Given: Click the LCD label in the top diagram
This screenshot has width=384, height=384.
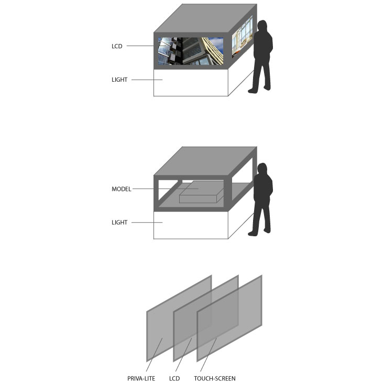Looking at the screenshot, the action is coord(117,46).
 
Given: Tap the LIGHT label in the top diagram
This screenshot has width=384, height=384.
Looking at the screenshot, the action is coord(119,80).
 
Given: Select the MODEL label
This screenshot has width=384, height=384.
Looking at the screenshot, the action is coord(122,189).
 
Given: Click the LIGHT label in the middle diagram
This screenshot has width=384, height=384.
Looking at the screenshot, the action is coord(119,222).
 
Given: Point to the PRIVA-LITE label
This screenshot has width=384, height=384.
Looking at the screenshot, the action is coord(141,378).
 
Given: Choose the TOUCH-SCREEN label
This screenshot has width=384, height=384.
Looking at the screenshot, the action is coord(215,378).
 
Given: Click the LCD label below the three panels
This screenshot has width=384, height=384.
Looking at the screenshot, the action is coord(174,378).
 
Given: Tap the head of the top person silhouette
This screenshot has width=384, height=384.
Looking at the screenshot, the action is coord(262,26).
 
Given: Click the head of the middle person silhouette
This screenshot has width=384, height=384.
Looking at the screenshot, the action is coord(262,169).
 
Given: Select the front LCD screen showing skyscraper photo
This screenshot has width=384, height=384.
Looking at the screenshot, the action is coord(191,51).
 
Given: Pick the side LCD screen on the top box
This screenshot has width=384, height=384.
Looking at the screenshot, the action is coord(242,37).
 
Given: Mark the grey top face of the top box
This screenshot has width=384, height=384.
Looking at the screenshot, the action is coord(205,18).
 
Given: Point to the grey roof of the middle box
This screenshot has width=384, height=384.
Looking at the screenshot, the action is coord(205,161).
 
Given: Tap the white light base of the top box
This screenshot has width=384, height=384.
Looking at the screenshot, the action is coord(191,83).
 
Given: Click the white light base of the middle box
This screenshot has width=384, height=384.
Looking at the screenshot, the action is coord(191,225).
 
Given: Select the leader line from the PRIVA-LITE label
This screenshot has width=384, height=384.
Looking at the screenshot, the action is coord(155,355).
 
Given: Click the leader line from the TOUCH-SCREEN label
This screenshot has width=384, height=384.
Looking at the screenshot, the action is coord(209,355).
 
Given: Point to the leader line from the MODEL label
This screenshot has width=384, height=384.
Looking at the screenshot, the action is coord(166,189).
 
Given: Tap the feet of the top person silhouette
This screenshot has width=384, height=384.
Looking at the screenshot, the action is coord(259,90).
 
